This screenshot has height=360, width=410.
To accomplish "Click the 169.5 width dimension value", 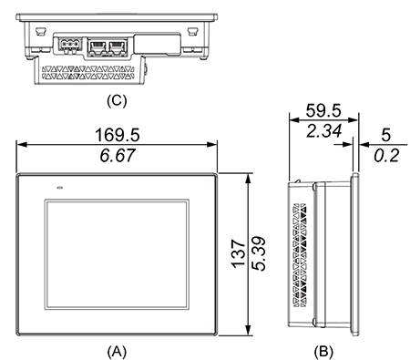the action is click(118, 135).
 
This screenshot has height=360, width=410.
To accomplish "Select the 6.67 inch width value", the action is click(118, 155).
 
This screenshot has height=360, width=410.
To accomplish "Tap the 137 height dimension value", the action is click(239, 254).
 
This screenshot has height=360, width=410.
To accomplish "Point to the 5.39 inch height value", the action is click(259, 253).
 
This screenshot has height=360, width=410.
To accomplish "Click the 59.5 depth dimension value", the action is click(323, 110).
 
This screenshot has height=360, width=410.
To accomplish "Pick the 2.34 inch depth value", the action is click(324, 131).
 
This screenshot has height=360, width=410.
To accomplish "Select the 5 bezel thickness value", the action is click(385, 135).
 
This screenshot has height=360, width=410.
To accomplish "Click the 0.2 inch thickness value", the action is click(386, 156).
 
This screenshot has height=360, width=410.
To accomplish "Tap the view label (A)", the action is click(117, 352).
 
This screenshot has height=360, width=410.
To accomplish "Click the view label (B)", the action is click(323, 352).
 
